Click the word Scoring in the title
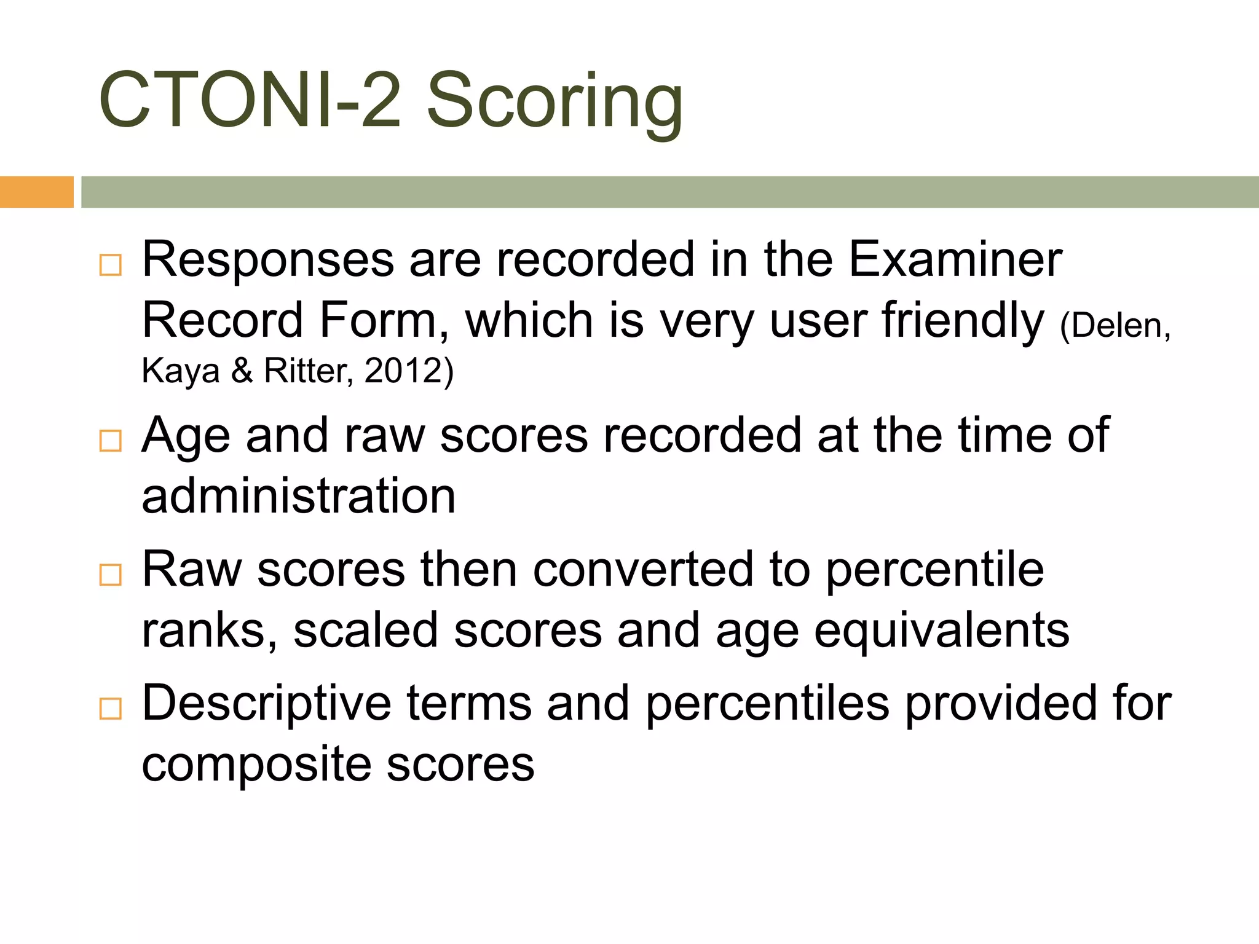tap(555, 101)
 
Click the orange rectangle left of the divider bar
tap(37, 192)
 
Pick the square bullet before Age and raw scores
tap(111, 441)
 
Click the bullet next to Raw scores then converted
tap(111, 575)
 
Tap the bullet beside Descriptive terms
tap(111, 709)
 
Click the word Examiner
tap(955, 259)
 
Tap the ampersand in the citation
tap(242, 371)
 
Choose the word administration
tap(299, 496)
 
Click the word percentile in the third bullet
tap(934, 570)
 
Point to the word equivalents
tap(942, 631)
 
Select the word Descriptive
tap(266, 703)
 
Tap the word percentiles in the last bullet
tap(767, 703)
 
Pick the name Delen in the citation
tap(1115, 325)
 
